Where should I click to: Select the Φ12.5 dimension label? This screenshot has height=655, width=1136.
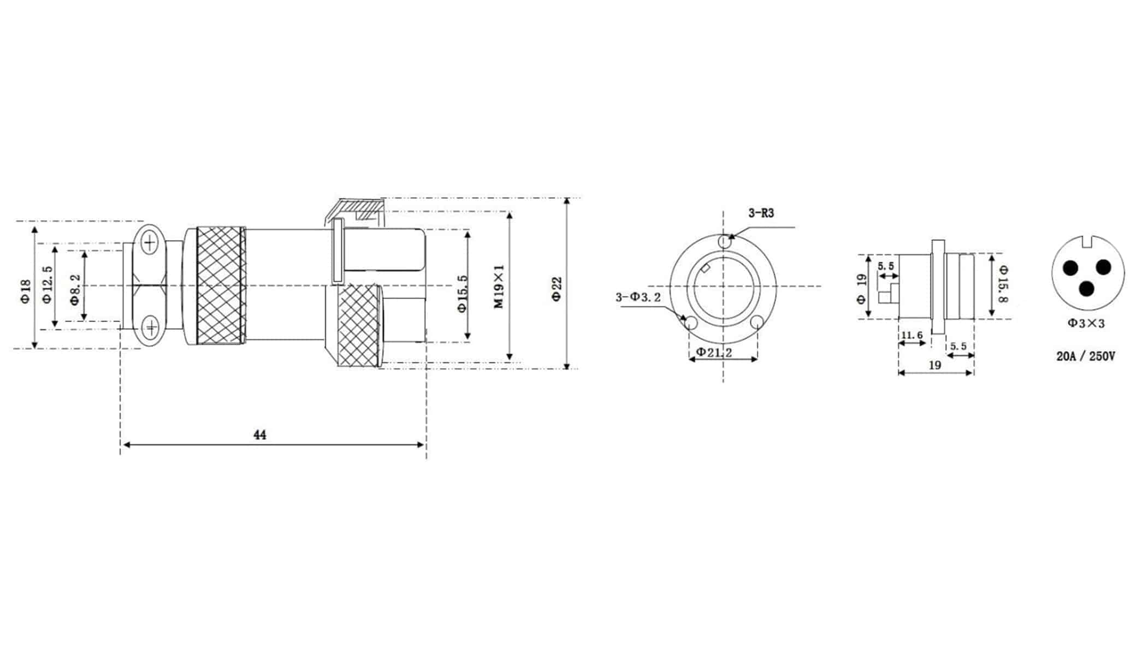[47, 284]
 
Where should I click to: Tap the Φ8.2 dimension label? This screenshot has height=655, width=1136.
[75, 289]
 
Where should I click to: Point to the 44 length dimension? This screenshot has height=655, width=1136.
[260, 435]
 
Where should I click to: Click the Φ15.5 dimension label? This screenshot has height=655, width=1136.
[463, 293]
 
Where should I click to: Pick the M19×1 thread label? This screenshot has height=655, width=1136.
[499, 287]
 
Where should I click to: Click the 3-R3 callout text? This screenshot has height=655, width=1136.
[761, 213]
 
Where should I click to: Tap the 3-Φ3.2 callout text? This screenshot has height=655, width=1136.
[637, 297]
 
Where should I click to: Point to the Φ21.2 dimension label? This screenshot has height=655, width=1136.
[713, 353]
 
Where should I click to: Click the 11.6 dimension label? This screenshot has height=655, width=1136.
[912, 335]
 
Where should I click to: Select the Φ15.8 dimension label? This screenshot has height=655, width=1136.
[1003, 283]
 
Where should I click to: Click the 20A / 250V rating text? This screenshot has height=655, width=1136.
[1086, 356]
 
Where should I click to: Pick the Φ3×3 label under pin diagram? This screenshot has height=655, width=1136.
[1086, 324]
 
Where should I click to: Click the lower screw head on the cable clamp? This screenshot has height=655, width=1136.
[150, 327]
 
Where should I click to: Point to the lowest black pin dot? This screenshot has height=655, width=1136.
[1087, 289]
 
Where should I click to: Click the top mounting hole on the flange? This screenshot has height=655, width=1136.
[724, 241]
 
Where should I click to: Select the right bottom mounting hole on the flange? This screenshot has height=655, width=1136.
[756, 323]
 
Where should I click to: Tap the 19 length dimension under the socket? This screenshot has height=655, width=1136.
[934, 365]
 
